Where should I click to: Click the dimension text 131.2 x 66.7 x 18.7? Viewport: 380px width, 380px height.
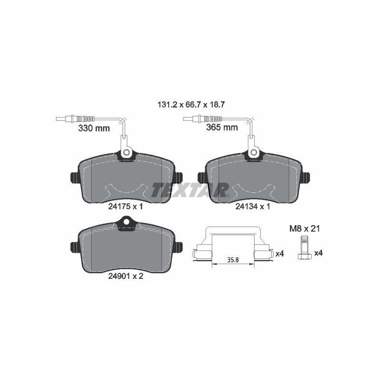point(191,104)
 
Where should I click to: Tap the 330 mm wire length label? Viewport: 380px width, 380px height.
point(94,128)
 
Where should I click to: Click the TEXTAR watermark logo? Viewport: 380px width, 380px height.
point(190,190)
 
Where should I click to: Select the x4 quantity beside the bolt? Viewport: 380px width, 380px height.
point(319,254)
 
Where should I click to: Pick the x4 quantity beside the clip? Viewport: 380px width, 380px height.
point(279,254)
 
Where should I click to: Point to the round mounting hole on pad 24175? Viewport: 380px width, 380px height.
point(126,152)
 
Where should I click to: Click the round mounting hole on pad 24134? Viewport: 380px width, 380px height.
point(253,152)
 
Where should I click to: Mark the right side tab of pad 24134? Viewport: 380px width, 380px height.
point(307,177)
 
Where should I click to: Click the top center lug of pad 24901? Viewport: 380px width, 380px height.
point(126,222)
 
